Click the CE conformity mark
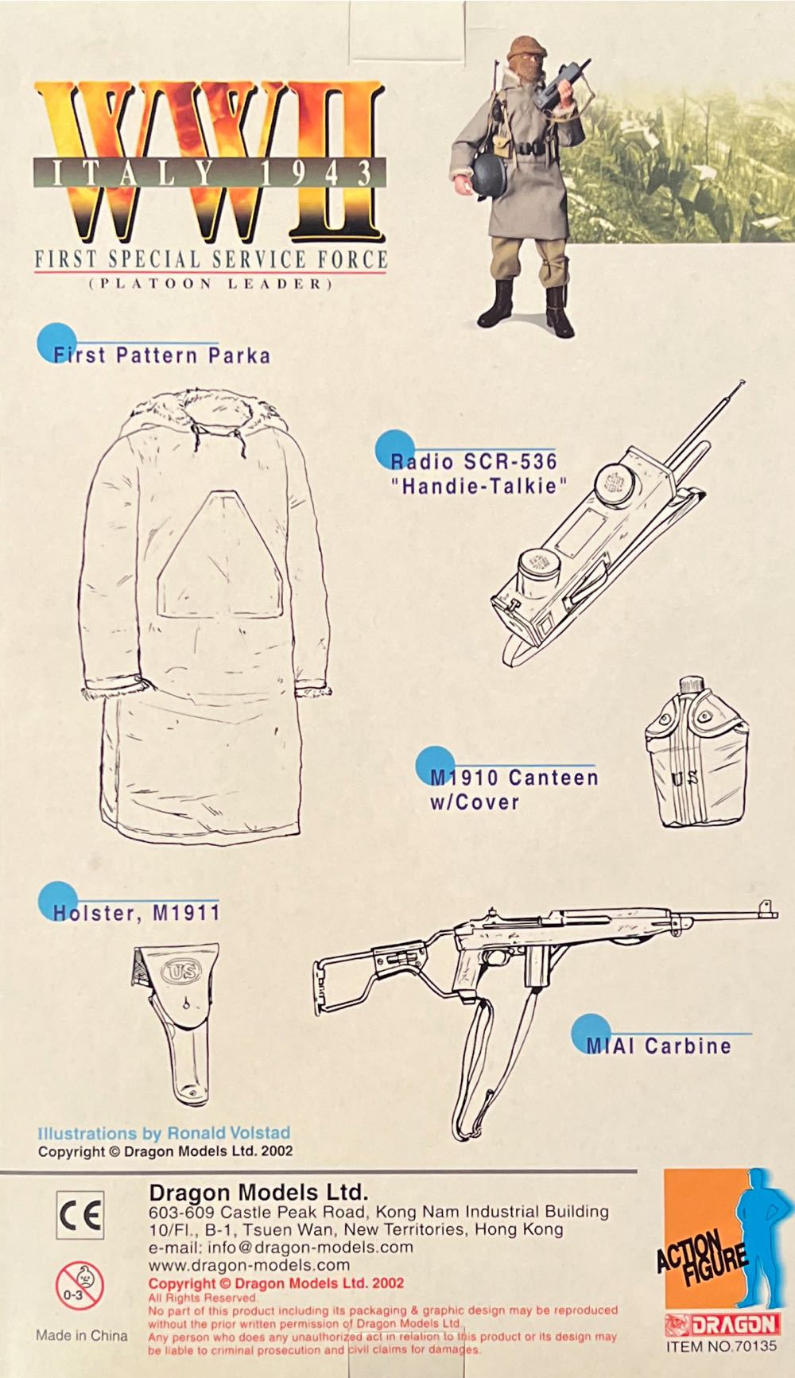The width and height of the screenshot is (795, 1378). click(79, 1216)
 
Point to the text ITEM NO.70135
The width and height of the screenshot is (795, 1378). click(722, 1346)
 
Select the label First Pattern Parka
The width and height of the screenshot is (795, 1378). click(161, 355)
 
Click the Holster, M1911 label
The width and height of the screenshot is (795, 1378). click(136, 912)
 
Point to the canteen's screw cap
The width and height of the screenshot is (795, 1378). click(690, 685)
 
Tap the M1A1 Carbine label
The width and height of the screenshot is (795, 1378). click(658, 1046)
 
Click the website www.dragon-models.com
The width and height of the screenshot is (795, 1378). click(249, 1264)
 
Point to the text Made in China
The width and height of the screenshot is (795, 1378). click(81, 1335)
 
